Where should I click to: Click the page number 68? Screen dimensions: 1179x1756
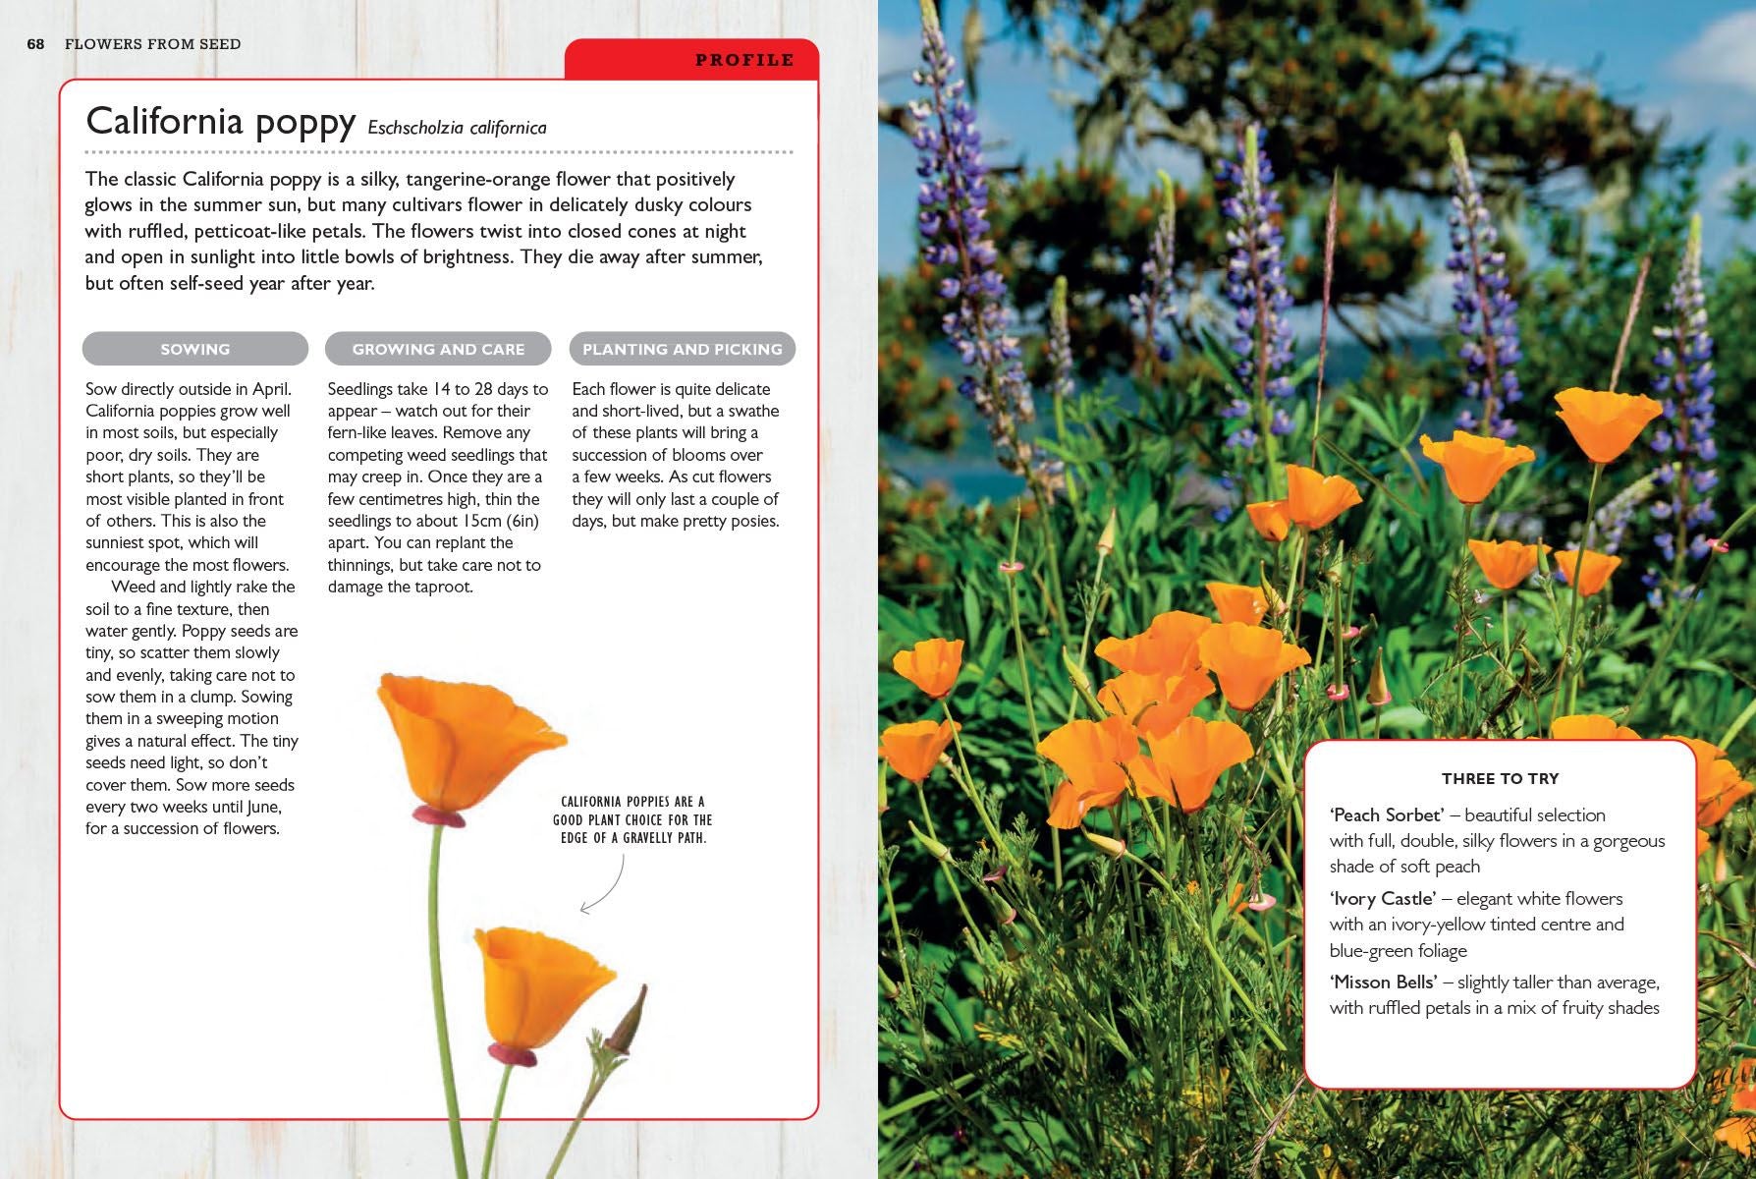tap(36, 44)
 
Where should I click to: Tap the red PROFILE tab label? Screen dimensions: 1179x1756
tap(743, 60)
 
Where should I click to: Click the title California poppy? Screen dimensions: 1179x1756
tap(220, 122)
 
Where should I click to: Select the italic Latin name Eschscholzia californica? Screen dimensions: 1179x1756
tap(457, 128)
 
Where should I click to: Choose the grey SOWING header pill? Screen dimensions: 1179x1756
tap(194, 349)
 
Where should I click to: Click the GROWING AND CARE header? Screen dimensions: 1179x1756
tap(438, 349)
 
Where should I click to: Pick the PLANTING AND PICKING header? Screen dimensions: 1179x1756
tap(682, 349)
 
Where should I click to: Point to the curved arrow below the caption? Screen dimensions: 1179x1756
tap(605, 884)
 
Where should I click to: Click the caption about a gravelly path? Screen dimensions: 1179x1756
tap(632, 819)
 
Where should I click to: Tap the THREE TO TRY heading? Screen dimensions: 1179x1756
tap(1500, 778)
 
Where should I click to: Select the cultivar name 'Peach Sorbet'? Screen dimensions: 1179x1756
tap(1386, 814)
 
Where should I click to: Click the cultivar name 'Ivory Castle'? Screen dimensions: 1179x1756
tap(1383, 898)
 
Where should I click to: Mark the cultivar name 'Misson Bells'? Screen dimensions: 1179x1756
tap(1383, 982)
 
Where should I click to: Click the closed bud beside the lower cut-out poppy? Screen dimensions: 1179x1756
tap(627, 1022)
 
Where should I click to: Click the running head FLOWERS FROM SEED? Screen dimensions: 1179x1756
tap(152, 44)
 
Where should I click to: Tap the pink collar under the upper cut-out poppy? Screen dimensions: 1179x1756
tap(438, 815)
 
